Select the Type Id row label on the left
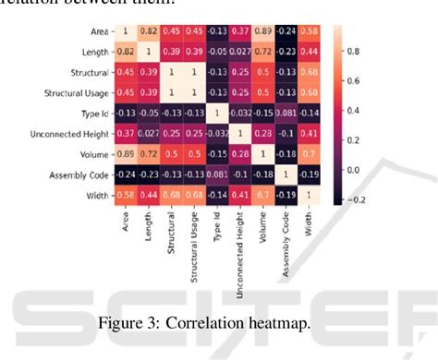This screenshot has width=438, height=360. [87, 114]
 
